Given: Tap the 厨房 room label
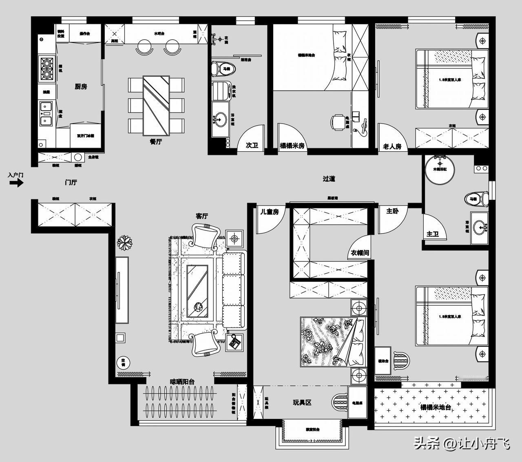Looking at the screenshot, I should click(81, 86).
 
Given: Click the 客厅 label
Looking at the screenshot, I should click(201, 216).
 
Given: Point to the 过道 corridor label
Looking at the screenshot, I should click(329, 179).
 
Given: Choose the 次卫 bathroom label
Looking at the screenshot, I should click(252, 145).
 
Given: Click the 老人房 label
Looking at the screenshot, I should click(392, 146).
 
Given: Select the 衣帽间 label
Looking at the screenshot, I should click(360, 253).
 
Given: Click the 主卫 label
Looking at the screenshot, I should click(432, 234).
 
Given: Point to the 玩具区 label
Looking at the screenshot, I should click(302, 402).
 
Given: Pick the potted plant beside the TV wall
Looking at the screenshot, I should click(124, 243).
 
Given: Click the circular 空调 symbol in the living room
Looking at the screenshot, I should click(122, 361).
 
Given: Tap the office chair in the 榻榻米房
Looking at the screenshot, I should click(338, 122).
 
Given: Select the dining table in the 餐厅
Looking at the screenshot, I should click(156, 105).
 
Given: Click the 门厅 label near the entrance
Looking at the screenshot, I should click(71, 182).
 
